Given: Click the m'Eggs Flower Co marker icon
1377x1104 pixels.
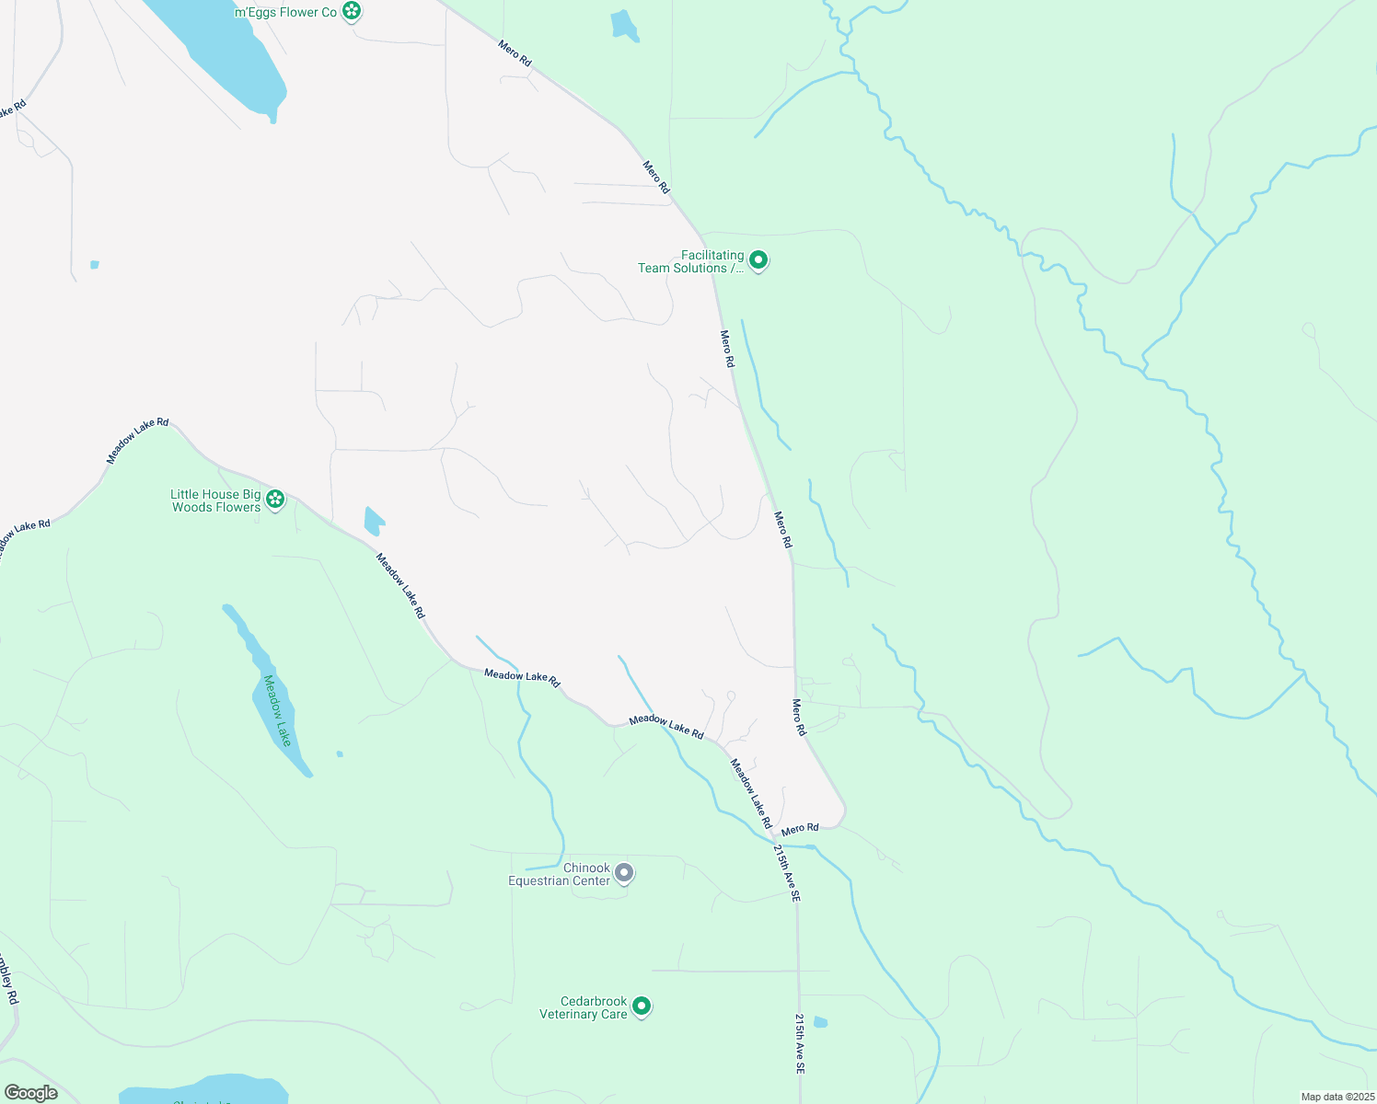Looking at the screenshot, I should pyautogui.click(x=351, y=11).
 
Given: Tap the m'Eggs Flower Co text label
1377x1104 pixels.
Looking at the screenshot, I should pyautogui.click(x=285, y=12).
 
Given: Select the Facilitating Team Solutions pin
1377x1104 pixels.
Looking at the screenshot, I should pyautogui.click(x=758, y=261).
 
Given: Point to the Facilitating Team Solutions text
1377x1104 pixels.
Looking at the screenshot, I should pyautogui.click(x=690, y=262).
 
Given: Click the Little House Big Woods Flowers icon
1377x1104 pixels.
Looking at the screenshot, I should pyautogui.click(x=274, y=500).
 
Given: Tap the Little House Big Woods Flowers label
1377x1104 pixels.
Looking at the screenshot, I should pyautogui.click(x=216, y=501).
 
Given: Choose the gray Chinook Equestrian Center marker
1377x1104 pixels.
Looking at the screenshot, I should pyautogui.click(x=624, y=873).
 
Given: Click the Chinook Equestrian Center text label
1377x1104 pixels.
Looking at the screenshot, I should pyautogui.click(x=560, y=875).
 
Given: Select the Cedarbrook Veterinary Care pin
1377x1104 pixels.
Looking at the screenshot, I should pyautogui.click(x=642, y=1006).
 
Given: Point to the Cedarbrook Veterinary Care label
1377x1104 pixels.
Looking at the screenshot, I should pyautogui.click(x=584, y=1008).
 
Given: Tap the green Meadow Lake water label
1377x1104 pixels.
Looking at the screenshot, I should pyautogui.click(x=277, y=710).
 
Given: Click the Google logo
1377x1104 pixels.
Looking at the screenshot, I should pyautogui.click(x=31, y=1093).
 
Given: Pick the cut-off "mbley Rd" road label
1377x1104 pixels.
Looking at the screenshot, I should pyautogui.click(x=8, y=981).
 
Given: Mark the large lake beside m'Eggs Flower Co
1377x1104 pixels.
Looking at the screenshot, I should pyautogui.click(x=230, y=55).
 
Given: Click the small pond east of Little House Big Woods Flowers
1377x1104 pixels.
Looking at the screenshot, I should pyautogui.click(x=374, y=522).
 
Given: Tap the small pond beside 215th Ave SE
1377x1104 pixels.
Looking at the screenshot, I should pyautogui.click(x=820, y=1021).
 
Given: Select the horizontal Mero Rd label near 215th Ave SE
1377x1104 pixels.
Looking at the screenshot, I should pyautogui.click(x=799, y=829).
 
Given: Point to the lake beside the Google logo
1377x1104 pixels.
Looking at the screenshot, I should pyautogui.click(x=202, y=1090).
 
